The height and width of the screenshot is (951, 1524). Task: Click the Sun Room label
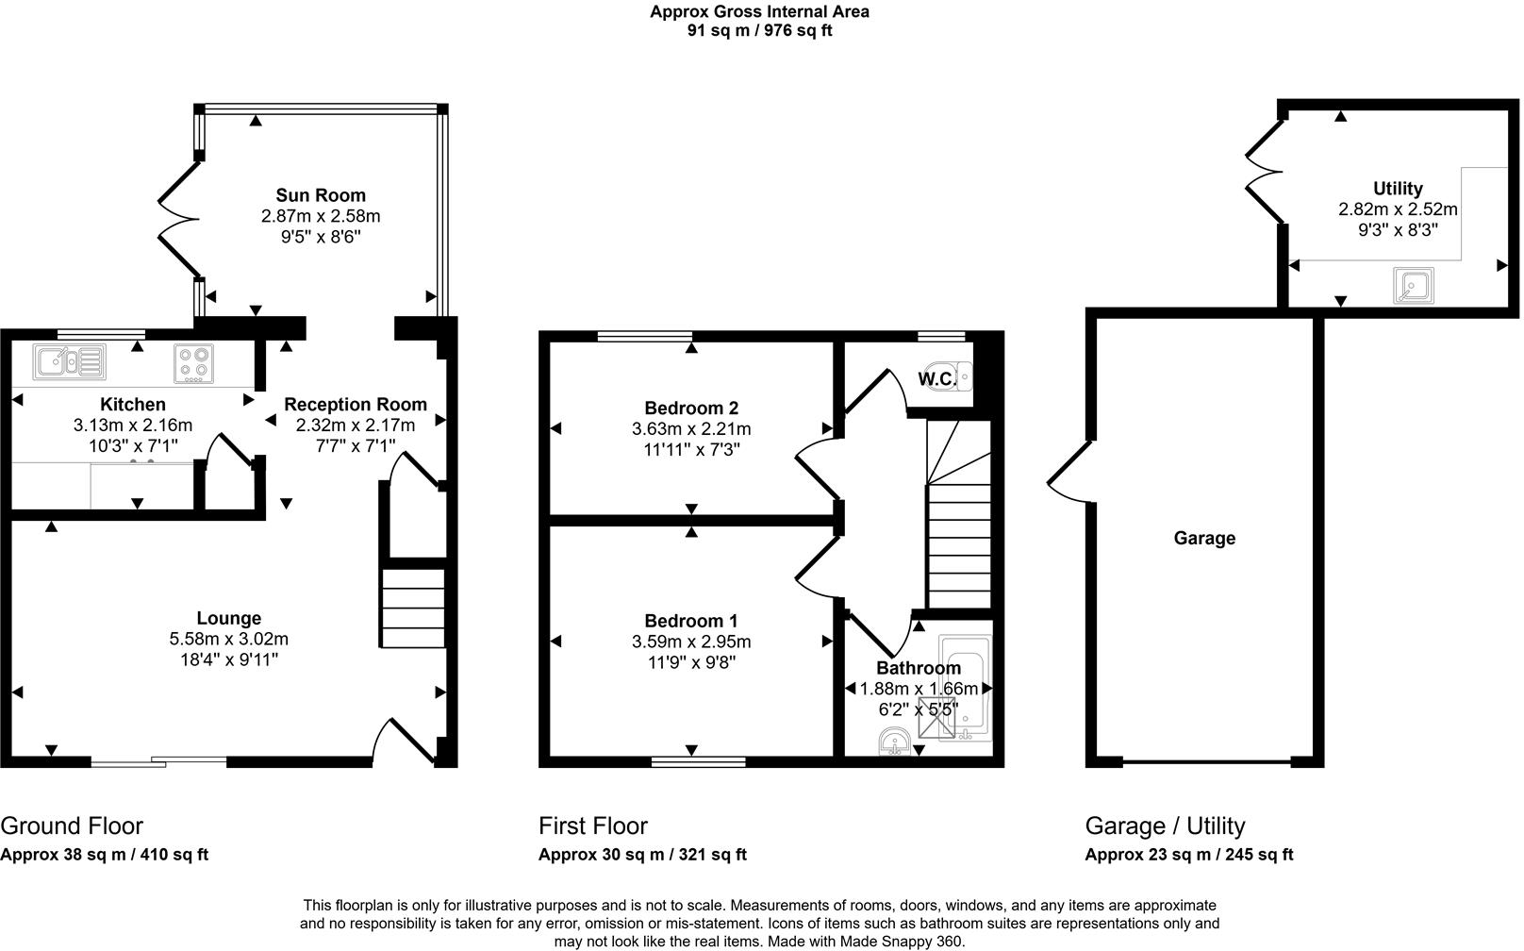pyautogui.click(x=320, y=195)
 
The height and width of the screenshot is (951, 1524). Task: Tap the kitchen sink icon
pyautogui.click(x=69, y=361)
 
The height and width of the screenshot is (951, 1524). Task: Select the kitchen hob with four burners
pyautogui.click(x=193, y=362)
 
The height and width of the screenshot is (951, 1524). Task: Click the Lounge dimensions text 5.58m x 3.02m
pyautogui.click(x=228, y=639)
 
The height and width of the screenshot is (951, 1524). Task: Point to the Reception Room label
pyautogui.click(x=356, y=404)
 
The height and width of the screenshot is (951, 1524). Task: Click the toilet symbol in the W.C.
pyautogui.click(x=949, y=376)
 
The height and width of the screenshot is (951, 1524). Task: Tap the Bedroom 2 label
pyautogui.click(x=690, y=408)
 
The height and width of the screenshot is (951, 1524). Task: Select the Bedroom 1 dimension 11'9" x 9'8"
pyautogui.click(x=690, y=662)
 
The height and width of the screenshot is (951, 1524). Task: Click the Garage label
pyautogui.click(x=1204, y=538)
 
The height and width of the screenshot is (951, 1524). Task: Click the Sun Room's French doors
pyautogui.click(x=176, y=220)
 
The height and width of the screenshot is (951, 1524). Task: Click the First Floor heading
pyautogui.click(x=592, y=826)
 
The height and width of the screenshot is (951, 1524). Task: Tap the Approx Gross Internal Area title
pyautogui.click(x=759, y=12)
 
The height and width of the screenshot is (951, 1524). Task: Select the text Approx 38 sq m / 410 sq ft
pyautogui.click(x=104, y=855)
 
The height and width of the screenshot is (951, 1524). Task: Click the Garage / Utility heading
pyautogui.click(x=1165, y=826)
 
